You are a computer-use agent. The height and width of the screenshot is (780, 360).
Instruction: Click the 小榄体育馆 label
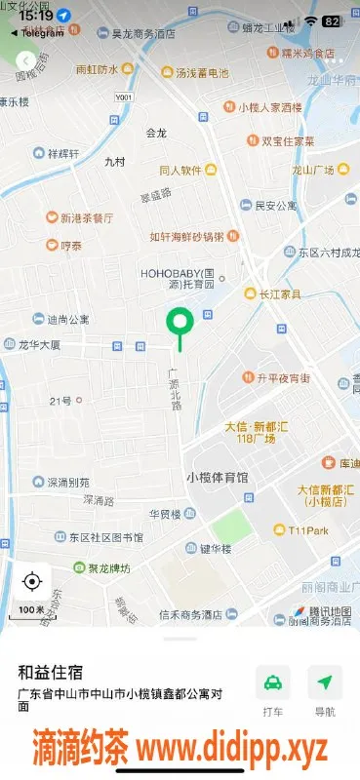click(217, 477)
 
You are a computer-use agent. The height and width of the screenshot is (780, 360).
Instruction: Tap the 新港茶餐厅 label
click(87, 217)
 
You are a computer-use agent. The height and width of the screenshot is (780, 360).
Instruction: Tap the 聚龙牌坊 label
click(103, 567)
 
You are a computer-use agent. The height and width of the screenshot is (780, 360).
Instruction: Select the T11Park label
click(305, 530)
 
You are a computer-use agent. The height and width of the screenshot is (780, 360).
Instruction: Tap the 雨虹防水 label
click(97, 70)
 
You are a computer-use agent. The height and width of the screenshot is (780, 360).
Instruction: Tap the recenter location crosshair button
click(31, 582)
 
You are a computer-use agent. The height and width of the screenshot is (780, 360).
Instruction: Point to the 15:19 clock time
click(35, 16)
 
